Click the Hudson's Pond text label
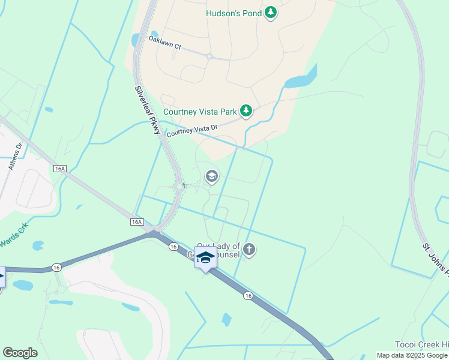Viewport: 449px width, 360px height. coord(234,13)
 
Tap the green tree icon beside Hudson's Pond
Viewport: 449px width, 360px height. coord(271,13)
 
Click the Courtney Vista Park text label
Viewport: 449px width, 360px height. coord(200,111)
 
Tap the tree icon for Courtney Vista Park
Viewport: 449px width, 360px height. coord(246,110)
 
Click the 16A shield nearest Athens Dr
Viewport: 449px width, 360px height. coord(59,169)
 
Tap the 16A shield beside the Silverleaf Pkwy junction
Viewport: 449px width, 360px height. coord(137,222)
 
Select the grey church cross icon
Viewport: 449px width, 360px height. coord(249,250)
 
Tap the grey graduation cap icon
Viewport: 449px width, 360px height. coord(211,176)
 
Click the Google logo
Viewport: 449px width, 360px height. coord(20,353)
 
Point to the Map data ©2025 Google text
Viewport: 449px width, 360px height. coord(412,355)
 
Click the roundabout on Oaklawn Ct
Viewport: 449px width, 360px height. coord(209,56)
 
